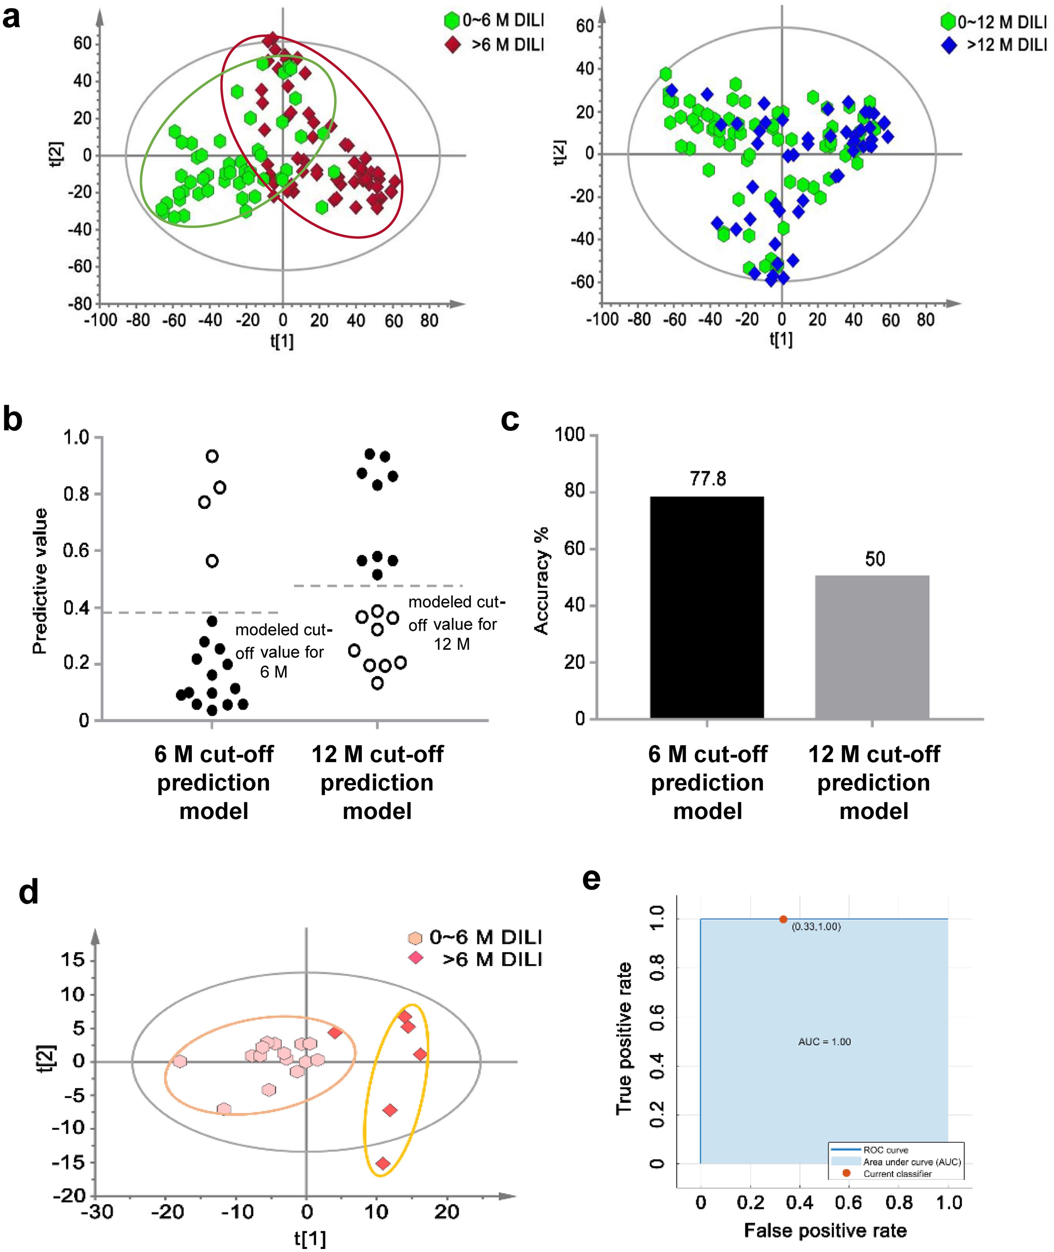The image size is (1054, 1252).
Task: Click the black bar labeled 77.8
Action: click(707, 607)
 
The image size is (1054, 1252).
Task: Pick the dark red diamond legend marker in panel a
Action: click(453, 45)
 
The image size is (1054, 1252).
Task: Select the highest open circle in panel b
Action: click(212, 456)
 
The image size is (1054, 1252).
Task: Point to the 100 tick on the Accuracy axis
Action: click(569, 435)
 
